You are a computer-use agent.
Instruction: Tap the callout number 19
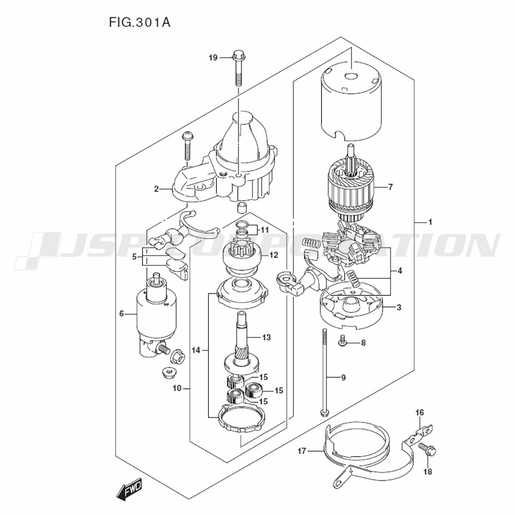[x=213, y=58]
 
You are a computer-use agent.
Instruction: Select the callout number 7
[x=390, y=187]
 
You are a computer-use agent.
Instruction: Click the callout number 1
[x=430, y=222]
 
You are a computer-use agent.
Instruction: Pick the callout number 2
[x=156, y=189]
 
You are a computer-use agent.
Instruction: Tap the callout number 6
[x=122, y=313]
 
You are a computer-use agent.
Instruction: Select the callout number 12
[x=273, y=255]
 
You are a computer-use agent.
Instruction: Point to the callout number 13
[x=266, y=338]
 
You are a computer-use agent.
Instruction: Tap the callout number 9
[x=343, y=377]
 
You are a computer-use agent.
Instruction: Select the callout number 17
[x=302, y=451]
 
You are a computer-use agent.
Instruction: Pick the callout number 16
[x=420, y=412]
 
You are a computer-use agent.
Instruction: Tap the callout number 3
[x=399, y=308]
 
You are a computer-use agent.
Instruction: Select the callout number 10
[x=177, y=388]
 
